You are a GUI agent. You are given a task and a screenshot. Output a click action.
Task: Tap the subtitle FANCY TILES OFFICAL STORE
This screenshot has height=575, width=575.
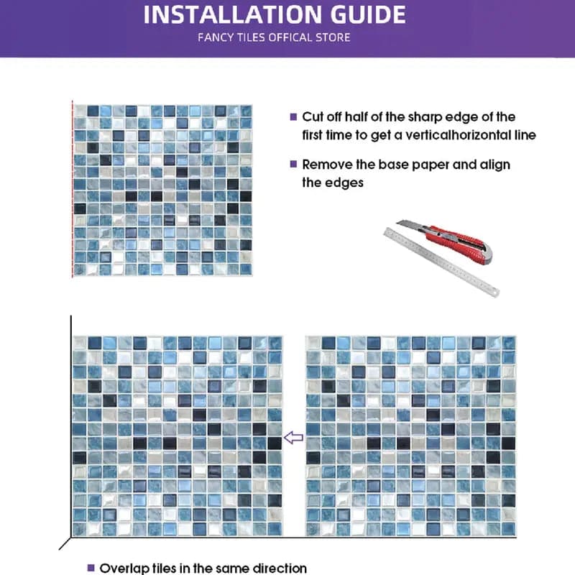(274, 37)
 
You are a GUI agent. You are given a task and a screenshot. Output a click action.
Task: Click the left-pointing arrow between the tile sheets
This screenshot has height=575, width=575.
(293, 437)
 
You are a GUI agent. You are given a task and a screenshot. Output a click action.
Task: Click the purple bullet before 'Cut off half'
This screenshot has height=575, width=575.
(293, 116)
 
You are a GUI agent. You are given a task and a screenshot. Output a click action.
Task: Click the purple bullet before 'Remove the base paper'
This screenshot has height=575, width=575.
(293, 165)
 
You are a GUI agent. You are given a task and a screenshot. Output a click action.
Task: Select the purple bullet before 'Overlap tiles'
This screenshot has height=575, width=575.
(91, 568)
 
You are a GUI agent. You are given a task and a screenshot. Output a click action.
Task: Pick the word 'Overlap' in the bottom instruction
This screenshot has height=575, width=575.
(124, 568)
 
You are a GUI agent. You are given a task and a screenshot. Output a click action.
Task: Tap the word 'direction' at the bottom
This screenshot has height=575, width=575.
(279, 568)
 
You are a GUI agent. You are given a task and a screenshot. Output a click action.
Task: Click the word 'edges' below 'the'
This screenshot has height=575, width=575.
(346, 183)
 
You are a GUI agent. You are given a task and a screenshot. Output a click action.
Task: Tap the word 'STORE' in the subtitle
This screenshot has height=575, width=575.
(333, 37)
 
